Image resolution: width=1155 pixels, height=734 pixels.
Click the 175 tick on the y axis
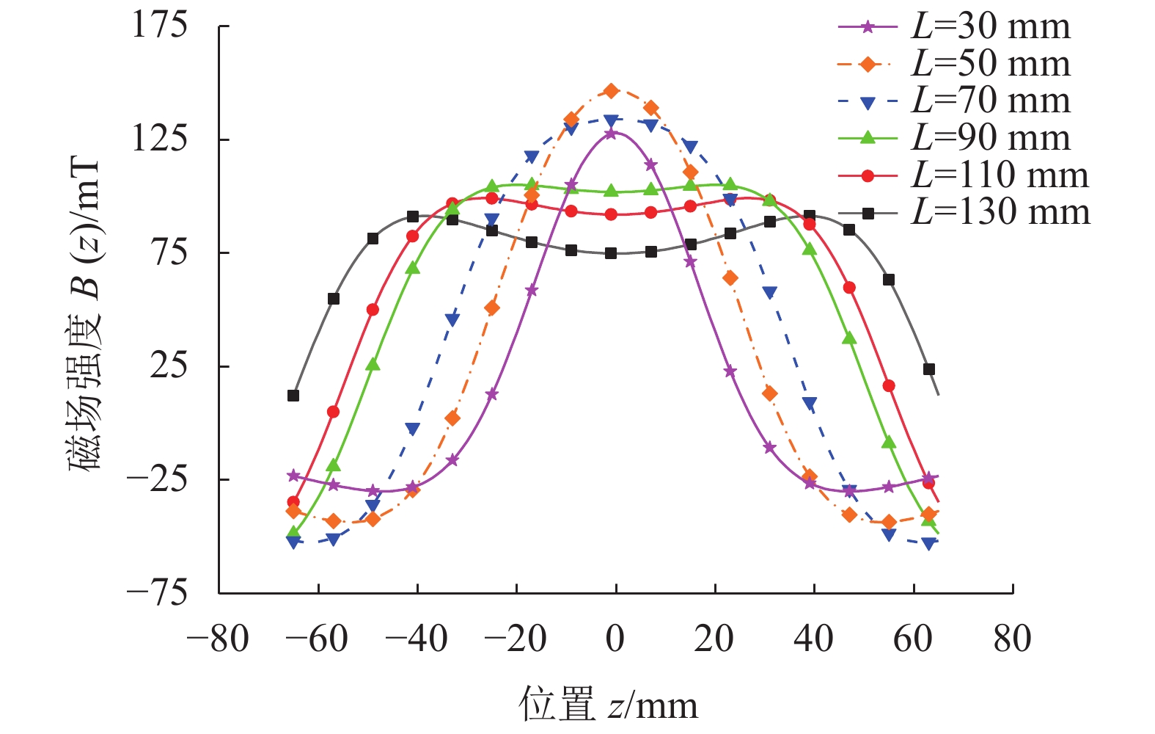[x=159, y=26]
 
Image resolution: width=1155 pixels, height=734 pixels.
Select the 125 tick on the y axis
[x=159, y=139]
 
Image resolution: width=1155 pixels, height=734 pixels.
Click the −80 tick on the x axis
[x=218, y=639]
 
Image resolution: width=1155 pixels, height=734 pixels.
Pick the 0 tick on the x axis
[x=615, y=639]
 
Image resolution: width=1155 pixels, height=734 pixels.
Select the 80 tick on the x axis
[x=1012, y=639]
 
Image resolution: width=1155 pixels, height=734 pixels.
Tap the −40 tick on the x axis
[x=416, y=639]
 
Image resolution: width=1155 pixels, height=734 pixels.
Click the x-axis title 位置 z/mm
[x=609, y=705]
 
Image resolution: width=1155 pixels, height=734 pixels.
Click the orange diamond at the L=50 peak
[x=611, y=91]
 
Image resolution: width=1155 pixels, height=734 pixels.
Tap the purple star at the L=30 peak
[x=611, y=134]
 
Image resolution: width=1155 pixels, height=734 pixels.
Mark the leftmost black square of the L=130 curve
[x=293, y=396]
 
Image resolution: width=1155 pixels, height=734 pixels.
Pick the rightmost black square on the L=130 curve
[x=929, y=369]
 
